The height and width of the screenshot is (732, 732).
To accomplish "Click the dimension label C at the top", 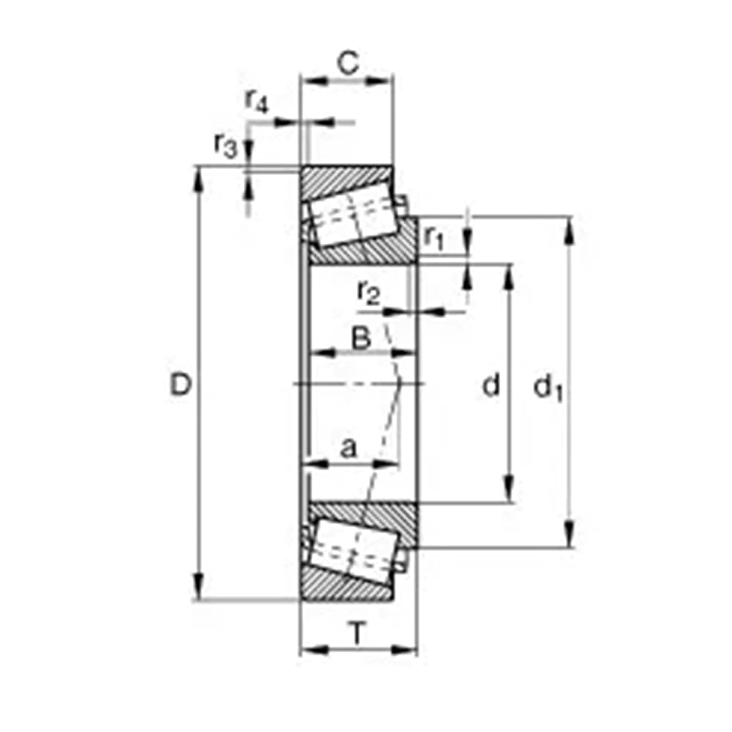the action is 348,64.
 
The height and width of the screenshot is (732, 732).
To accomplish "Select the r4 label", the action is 257,101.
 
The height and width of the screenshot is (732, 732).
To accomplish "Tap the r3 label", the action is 226,145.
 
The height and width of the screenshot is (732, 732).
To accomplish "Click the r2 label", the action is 369,293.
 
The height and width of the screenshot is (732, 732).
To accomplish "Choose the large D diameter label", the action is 181,385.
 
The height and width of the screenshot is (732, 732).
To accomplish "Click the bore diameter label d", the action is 490,385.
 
